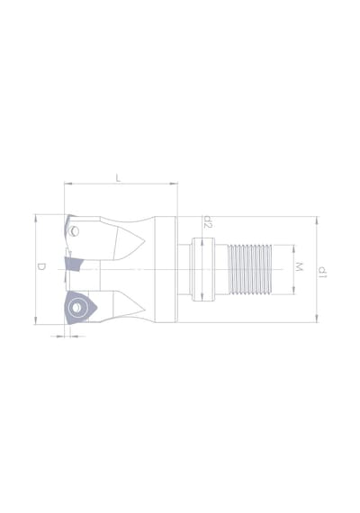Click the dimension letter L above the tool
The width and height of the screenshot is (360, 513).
[118, 178]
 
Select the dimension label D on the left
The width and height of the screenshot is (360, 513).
[40, 267]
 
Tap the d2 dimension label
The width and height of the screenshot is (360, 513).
[208, 221]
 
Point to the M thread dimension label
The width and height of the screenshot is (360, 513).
[299, 266]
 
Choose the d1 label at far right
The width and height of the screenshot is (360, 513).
[322, 272]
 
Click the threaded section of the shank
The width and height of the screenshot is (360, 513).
[250, 269]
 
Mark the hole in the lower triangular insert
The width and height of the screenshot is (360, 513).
[76, 308]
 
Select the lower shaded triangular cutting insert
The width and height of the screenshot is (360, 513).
[80, 308]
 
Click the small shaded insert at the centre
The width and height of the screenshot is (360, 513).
[74, 264]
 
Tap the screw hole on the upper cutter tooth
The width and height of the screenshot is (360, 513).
[75, 231]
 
